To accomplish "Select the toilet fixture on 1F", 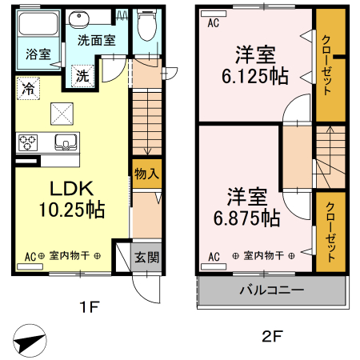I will [x=146, y=26].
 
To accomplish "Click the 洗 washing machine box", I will [x=82, y=77].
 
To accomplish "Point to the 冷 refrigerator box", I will [x=28, y=88].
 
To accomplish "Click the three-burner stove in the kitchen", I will [x=28, y=143].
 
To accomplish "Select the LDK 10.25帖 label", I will [x=73, y=200].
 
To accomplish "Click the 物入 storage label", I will [x=145, y=173].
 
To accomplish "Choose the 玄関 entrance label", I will [x=145, y=257].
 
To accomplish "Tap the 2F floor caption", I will [x=272, y=337].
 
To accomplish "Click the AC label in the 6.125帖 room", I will [x=213, y=23].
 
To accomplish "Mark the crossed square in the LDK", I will [x=62, y=114].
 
